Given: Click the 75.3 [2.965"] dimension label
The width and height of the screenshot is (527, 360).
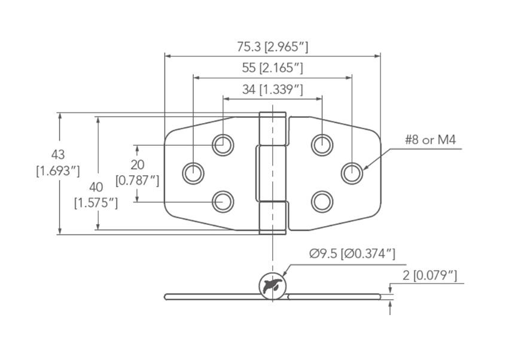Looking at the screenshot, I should click(272, 47).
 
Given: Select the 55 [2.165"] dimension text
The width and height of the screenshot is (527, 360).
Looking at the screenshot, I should click(272, 68).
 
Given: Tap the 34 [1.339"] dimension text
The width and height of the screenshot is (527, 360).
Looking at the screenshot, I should click(272, 90).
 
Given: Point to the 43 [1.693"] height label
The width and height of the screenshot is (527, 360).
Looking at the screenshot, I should click(58, 163).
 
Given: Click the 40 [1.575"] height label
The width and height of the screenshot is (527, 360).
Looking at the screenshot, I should click(96, 195).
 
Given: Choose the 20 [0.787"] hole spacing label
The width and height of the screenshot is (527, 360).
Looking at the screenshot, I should click(137, 172).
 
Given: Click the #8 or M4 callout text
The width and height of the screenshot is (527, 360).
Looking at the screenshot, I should click(430, 140).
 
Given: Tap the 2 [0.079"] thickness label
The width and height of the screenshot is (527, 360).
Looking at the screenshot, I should click(429, 275).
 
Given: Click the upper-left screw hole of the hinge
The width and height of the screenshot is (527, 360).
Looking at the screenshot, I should click(223, 144).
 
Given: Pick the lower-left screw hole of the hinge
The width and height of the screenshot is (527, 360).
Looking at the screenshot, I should click(223, 202).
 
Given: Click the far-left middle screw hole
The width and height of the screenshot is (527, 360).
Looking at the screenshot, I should click(193, 173).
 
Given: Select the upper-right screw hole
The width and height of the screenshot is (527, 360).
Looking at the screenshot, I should click(322, 144).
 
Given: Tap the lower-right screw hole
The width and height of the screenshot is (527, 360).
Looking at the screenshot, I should click(322, 202).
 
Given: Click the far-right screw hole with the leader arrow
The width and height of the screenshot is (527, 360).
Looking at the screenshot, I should click(352, 173).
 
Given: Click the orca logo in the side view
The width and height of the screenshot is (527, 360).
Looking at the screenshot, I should click(272, 285).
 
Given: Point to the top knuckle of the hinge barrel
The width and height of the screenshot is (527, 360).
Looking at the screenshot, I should click(272, 129).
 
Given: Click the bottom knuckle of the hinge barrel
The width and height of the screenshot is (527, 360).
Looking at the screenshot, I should click(272, 216).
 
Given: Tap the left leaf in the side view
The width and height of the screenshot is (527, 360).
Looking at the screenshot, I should click(211, 296).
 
